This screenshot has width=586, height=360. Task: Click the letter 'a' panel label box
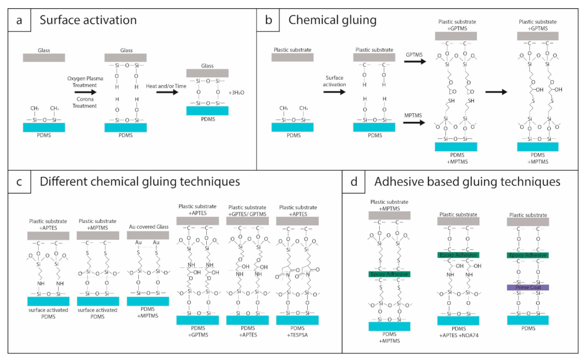[19, 21]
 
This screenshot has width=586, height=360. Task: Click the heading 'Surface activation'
[88, 21]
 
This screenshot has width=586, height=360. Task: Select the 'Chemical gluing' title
[332, 21]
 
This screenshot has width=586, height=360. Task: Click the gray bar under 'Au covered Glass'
[148, 234]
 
